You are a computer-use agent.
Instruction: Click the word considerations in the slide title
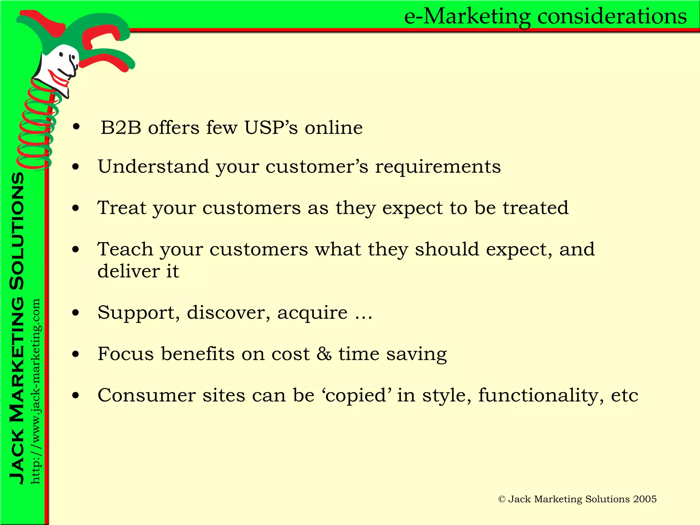pyautogui.click(x=612, y=16)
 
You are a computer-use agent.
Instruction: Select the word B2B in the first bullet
pyautogui.click(x=121, y=128)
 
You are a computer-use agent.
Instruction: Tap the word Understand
pyautogui.click(x=153, y=166)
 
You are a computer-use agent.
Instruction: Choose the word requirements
pyautogui.click(x=438, y=167)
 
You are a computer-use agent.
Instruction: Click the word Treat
pyautogui.click(x=122, y=207)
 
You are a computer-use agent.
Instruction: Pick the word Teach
pyautogui.click(x=125, y=249)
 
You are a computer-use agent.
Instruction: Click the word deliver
pyautogui.click(x=129, y=271)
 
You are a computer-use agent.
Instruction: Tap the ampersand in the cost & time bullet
pyautogui.click(x=324, y=353)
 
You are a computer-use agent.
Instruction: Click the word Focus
pyautogui.click(x=125, y=353)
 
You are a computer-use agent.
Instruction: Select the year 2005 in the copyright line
pyautogui.click(x=645, y=499)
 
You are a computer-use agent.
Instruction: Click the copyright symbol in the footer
pyautogui.click(x=502, y=499)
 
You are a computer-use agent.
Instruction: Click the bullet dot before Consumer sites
pyautogui.click(x=76, y=396)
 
